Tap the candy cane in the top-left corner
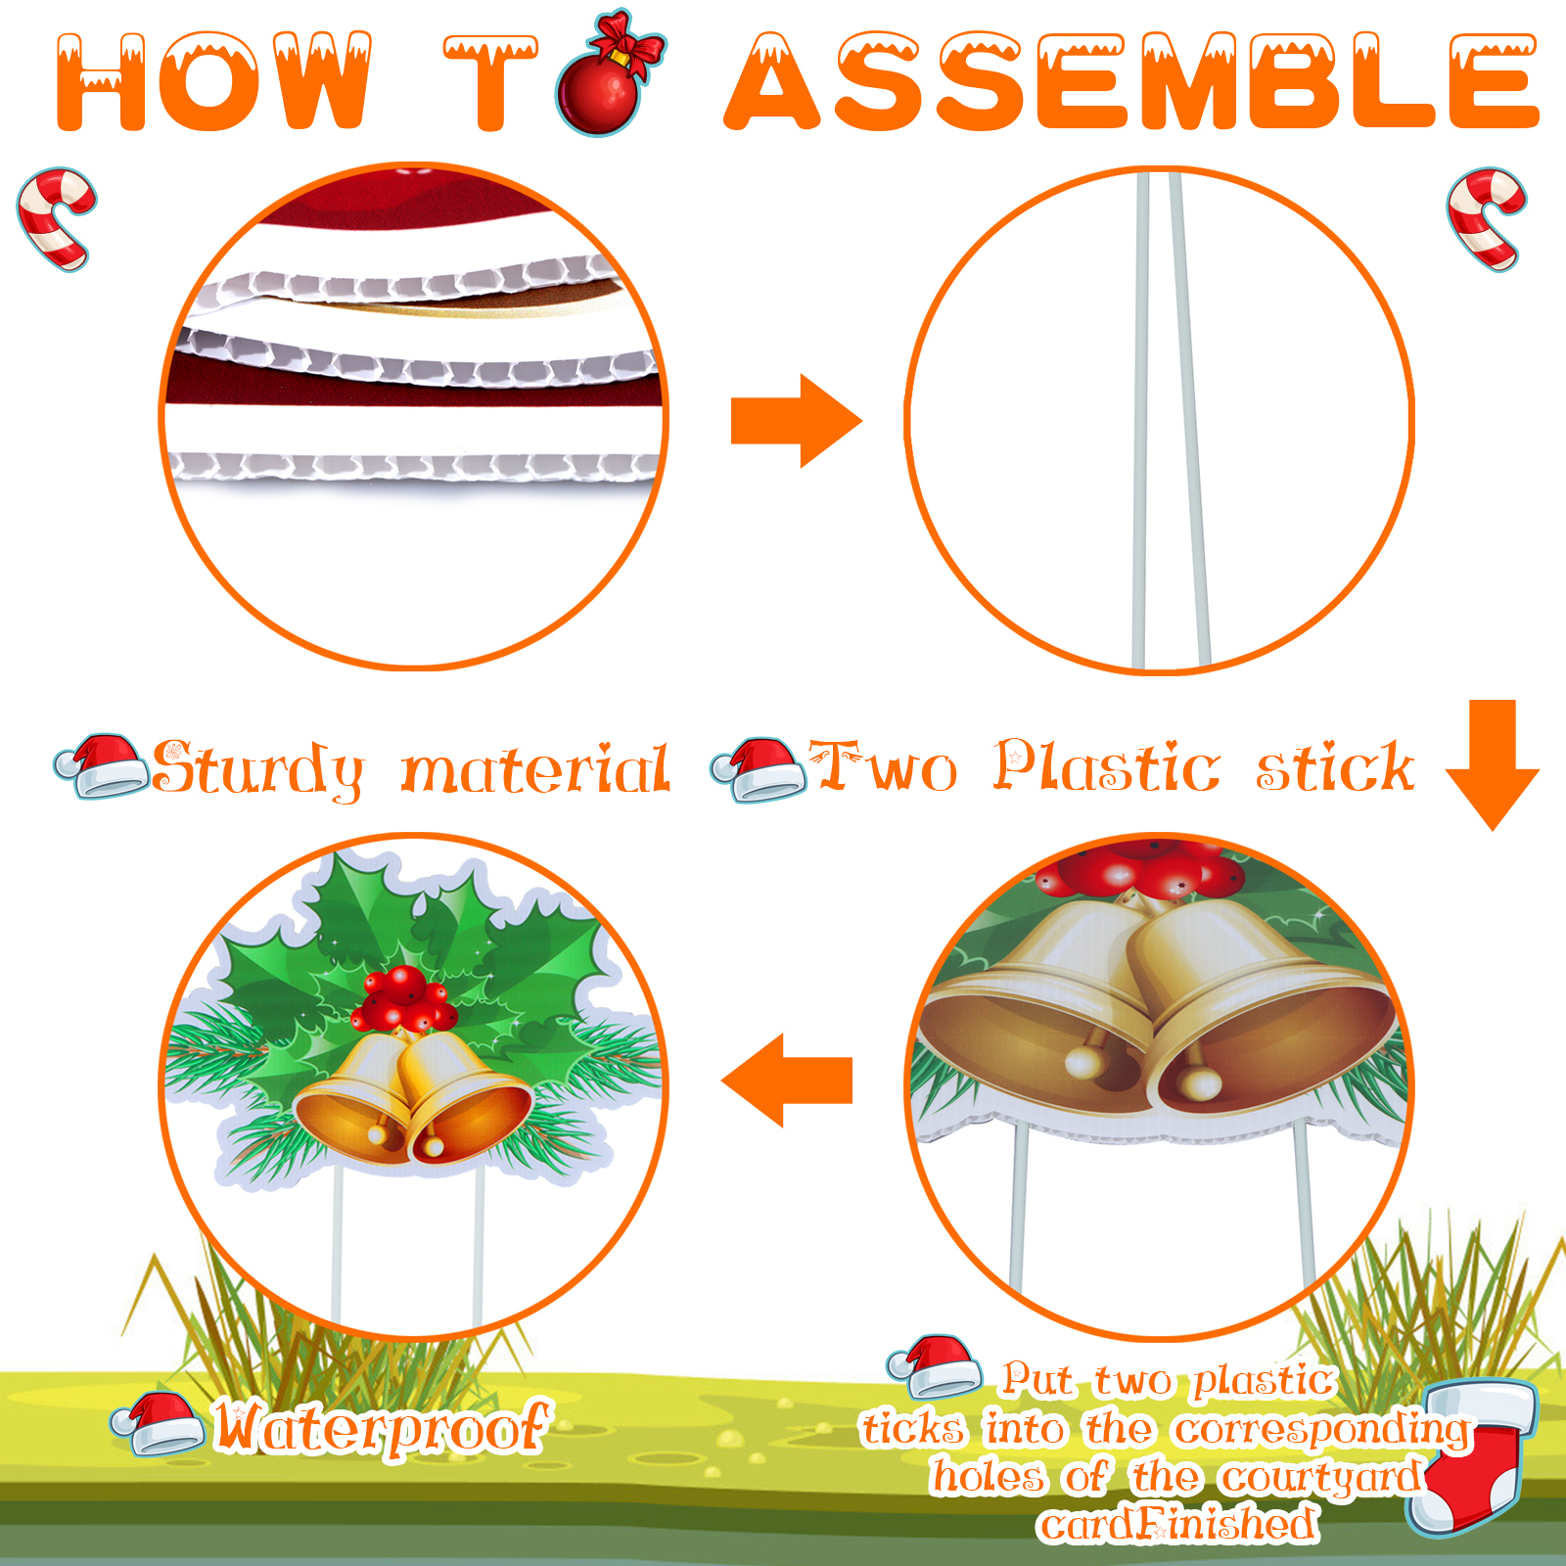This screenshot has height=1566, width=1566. point(57,217)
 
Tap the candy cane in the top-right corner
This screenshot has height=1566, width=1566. point(1486,217)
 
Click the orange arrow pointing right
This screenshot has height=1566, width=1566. point(797,421)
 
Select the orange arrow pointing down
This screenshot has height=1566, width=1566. point(1493,764)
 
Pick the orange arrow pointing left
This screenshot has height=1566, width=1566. point(787,1081)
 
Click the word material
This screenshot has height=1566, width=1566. point(536,769)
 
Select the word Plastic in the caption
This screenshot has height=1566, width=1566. point(1107,765)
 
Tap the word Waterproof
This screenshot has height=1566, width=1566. point(383,1427)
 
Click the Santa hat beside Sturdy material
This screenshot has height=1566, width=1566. point(101,765)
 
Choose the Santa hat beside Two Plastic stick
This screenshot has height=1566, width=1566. point(759,769)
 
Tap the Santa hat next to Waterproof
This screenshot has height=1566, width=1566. point(158,1423)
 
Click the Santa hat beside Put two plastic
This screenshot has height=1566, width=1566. point(935,1366)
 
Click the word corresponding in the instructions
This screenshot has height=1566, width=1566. point(1322,1430)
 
